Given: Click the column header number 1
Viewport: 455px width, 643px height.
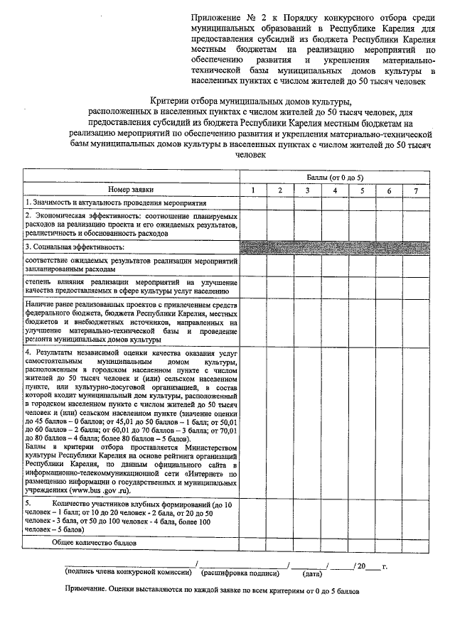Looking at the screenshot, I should (x=254, y=190).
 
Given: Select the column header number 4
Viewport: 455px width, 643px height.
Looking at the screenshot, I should (x=334, y=190).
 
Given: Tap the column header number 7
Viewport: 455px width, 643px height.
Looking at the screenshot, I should (x=415, y=190).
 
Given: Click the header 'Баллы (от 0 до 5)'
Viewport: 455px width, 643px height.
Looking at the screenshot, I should (x=334, y=176).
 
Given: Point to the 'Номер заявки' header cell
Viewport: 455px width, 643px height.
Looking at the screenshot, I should (x=131, y=190).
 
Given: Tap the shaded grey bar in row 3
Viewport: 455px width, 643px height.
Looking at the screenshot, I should (x=335, y=247).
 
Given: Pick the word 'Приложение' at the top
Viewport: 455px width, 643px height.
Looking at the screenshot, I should (x=215, y=16).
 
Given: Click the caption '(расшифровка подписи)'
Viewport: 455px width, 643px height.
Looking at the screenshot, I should (x=240, y=571).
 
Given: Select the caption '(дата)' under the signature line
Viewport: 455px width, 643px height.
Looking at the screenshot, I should (x=312, y=572).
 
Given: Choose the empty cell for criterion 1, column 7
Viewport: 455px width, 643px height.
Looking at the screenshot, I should (x=415, y=202).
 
